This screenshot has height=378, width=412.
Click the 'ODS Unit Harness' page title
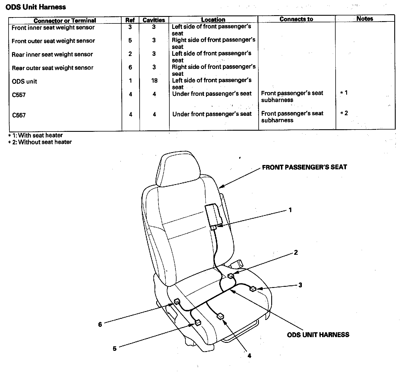36,7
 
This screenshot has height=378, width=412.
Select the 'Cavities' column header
154,20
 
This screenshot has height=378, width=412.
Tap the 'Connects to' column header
296,19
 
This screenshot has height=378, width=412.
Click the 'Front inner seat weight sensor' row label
53,28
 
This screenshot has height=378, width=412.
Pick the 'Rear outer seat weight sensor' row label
53,68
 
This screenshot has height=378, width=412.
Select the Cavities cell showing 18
154,81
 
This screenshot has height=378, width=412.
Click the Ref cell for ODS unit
130,81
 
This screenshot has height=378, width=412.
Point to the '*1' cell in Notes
344,93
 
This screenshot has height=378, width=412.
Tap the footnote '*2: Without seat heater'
40,142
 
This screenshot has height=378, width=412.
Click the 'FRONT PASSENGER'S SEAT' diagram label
304,167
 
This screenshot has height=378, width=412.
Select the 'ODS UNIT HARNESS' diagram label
318,335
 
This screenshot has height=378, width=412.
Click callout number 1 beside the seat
290,210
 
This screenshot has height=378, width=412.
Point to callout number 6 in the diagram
100,325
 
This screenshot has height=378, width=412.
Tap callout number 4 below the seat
249,356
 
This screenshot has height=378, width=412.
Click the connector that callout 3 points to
253,289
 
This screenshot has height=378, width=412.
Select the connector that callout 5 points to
198,323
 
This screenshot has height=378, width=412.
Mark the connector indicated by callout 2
231,276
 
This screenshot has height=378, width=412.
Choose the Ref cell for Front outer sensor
130,41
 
